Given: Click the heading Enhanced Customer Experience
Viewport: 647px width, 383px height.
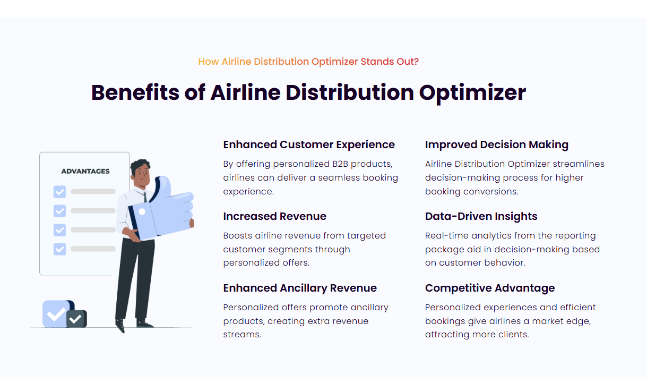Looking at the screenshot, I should click(x=309, y=144).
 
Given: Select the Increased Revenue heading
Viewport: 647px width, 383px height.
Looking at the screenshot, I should click(x=274, y=216).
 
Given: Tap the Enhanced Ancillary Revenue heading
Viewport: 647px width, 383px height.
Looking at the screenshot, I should click(x=300, y=288).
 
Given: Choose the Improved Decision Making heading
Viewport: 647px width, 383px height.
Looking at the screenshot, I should click(x=496, y=144).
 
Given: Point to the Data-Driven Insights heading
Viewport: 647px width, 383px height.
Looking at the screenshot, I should click(x=481, y=216).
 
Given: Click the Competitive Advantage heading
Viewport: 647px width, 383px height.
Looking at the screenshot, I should click(x=489, y=288).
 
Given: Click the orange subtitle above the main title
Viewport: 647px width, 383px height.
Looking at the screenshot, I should click(x=308, y=61).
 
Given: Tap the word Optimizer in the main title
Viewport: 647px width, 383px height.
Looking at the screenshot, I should click(x=472, y=92).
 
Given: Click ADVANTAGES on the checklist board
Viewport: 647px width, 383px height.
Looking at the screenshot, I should click(x=85, y=171).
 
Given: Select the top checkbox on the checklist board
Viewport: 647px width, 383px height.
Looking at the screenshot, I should click(x=59, y=192).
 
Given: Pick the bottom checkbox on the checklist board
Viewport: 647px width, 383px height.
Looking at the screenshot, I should click(x=59, y=249).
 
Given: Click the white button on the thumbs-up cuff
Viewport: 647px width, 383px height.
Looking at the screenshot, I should click(x=142, y=211).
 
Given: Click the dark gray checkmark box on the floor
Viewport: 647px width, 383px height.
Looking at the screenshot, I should click(x=76, y=319).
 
